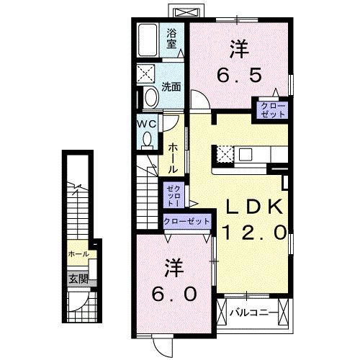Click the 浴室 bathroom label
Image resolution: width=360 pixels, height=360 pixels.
pos(171,38)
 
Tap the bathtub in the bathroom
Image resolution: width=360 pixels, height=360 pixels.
pos(149,41)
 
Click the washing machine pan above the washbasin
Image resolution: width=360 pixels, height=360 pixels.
pos(150,74)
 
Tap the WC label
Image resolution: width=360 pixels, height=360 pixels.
pos(148,122)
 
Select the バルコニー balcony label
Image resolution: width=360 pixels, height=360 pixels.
pos(251,312)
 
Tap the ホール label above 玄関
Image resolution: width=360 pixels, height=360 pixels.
pos(78,255)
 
